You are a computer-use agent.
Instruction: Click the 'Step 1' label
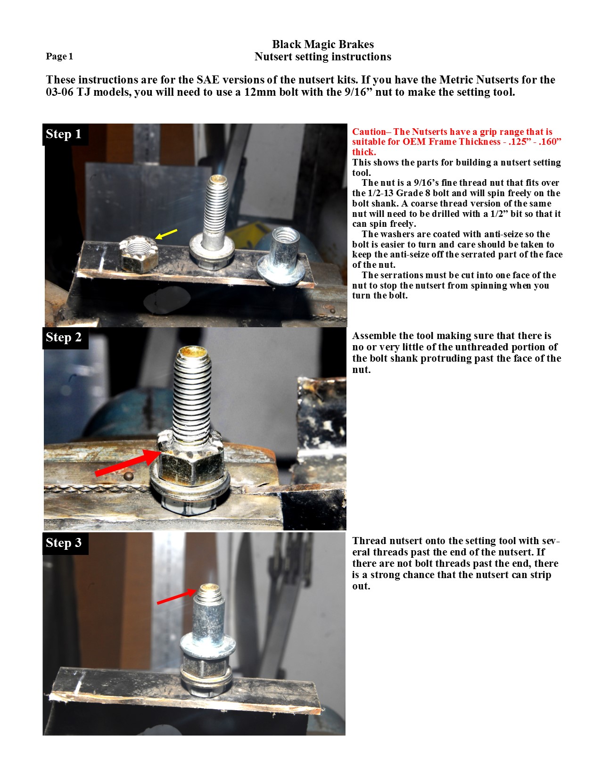tap(64, 134)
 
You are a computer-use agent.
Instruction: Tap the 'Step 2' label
tap(64, 338)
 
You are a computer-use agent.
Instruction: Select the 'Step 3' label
tap(64, 543)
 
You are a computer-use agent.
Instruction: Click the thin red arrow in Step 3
tap(175, 597)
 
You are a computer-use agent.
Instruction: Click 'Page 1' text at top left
tap(59, 57)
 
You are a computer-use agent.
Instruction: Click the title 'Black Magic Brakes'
tap(323, 44)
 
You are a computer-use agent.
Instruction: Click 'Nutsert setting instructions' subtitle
tap(323, 57)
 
